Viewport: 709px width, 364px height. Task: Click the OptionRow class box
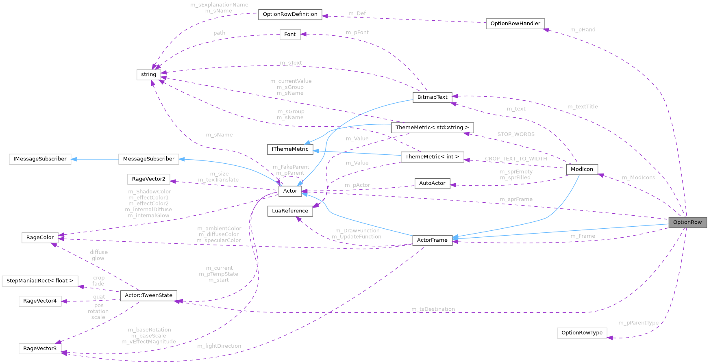coord(687,222)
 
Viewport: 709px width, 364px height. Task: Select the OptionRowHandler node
coord(515,24)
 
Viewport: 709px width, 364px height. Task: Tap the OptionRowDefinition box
coord(290,14)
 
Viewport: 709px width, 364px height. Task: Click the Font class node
coord(290,35)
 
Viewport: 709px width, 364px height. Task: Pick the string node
coord(148,74)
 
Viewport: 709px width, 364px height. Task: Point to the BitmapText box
coord(432,97)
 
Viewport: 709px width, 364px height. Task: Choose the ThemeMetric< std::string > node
coord(432,128)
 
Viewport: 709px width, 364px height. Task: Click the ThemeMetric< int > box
coord(432,157)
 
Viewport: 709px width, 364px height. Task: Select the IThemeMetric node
coord(290,149)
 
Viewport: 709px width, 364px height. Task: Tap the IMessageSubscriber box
coord(40,159)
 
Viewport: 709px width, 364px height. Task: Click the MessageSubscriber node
coord(148,159)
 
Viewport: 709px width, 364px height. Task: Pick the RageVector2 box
coord(148,179)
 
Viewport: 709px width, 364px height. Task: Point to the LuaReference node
coord(290,211)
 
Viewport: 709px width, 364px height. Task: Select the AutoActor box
coord(432,183)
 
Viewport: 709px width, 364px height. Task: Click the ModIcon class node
coord(582,169)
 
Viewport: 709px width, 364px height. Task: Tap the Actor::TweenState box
coord(148,295)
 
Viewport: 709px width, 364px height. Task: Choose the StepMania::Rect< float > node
coord(40,281)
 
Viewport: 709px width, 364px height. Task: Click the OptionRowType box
coord(582,333)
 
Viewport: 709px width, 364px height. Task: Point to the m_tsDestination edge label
coord(433,309)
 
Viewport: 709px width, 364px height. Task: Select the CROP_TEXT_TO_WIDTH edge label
coord(516,159)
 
